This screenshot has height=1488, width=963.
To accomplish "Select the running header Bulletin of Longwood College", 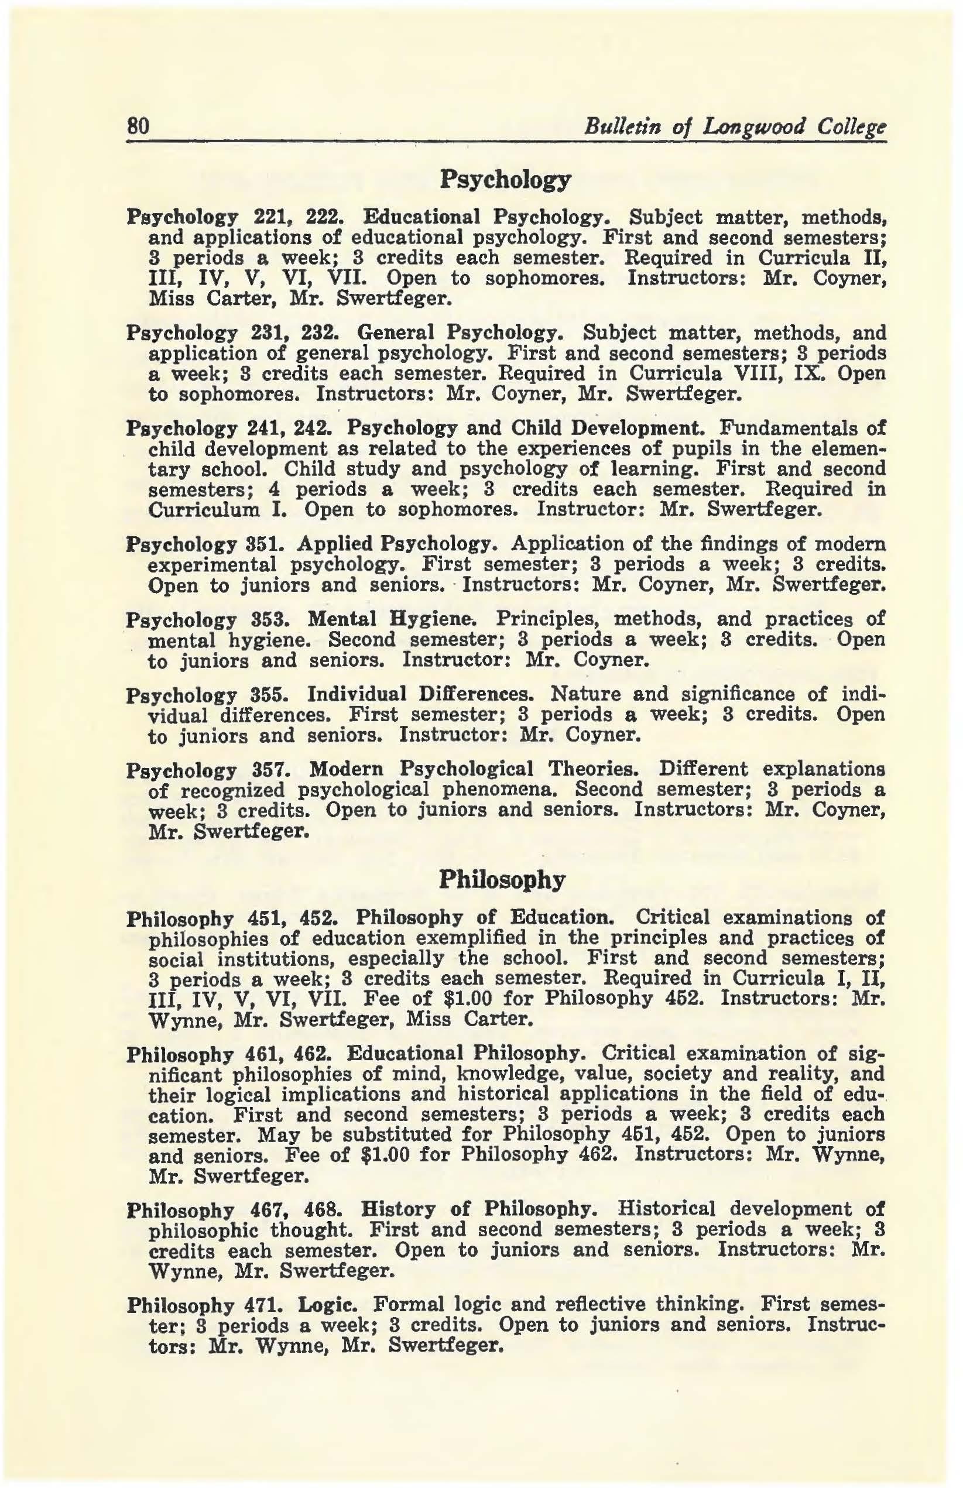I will coord(734,128).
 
